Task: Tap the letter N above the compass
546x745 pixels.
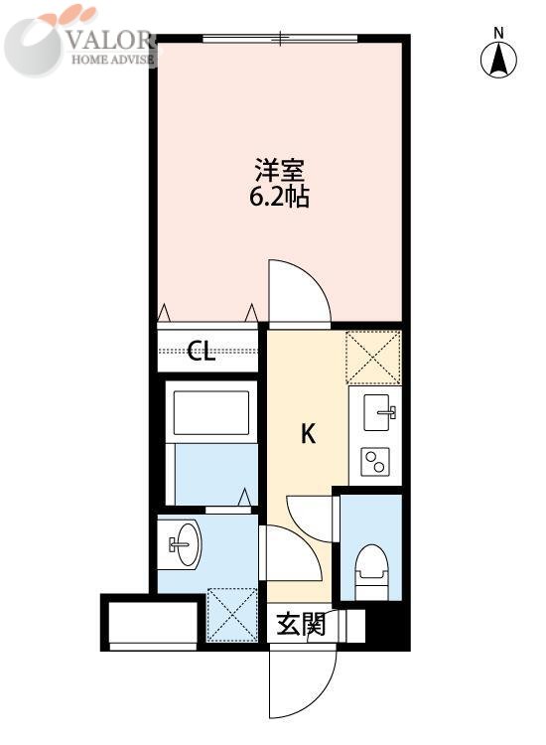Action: pos(500,32)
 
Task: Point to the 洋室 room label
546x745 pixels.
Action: pos(279,169)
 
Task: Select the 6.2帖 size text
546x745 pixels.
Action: pos(279,196)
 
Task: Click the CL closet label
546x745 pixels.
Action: pos(202,351)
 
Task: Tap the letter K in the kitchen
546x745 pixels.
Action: pos(309,434)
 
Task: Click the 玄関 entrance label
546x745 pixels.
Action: pos(300,625)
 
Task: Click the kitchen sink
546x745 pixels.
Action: pos(380,412)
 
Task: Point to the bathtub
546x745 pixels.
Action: pos(210,413)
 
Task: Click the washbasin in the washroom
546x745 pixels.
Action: pos(180,543)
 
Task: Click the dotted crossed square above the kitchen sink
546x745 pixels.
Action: pos(373,357)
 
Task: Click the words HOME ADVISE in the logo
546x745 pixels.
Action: pos(110,59)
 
